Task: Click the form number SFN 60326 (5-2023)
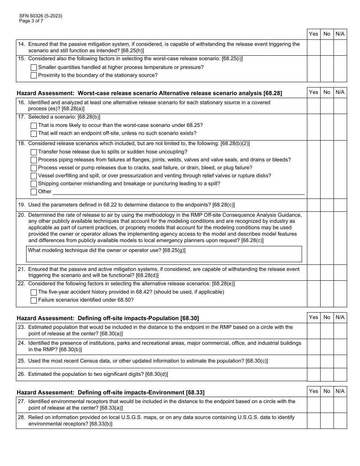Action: click(x=41, y=16)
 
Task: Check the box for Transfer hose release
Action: click(x=34, y=152)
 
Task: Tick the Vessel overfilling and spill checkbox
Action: click(x=34, y=176)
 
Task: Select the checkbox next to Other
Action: click(x=34, y=192)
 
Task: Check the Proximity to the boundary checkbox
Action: click(x=34, y=75)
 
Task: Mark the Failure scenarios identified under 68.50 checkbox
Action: click(x=34, y=300)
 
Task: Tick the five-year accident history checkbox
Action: click(x=34, y=292)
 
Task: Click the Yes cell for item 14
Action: click(x=313, y=47)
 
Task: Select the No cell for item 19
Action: click(x=327, y=205)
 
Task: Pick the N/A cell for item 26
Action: click(x=340, y=374)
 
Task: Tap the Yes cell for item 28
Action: click(x=313, y=421)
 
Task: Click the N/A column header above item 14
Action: click(x=340, y=34)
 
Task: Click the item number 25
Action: click(x=21, y=361)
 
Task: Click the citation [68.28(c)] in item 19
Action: click(x=224, y=205)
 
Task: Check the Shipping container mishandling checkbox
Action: click(x=34, y=184)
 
